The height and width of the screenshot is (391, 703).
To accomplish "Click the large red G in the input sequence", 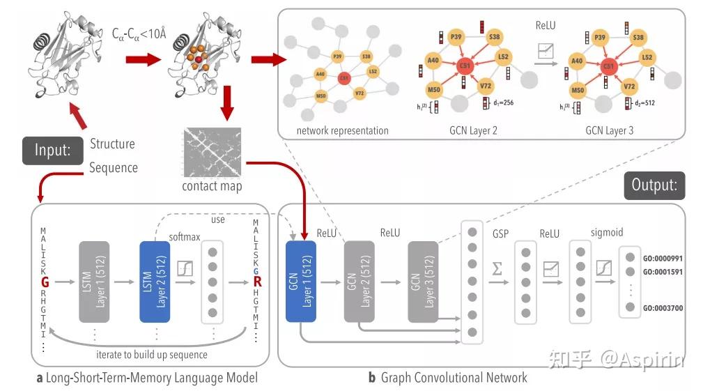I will coord(44,282).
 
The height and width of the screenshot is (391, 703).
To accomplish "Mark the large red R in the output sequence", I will coord(256,282).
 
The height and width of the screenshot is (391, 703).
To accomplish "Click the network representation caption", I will coord(342,130).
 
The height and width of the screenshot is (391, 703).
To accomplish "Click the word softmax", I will coord(185,237).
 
